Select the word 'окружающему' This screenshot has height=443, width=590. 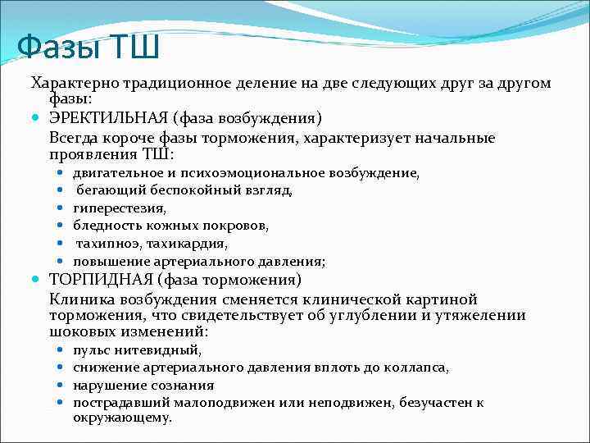click(122, 418)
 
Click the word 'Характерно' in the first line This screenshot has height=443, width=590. click(76, 84)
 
